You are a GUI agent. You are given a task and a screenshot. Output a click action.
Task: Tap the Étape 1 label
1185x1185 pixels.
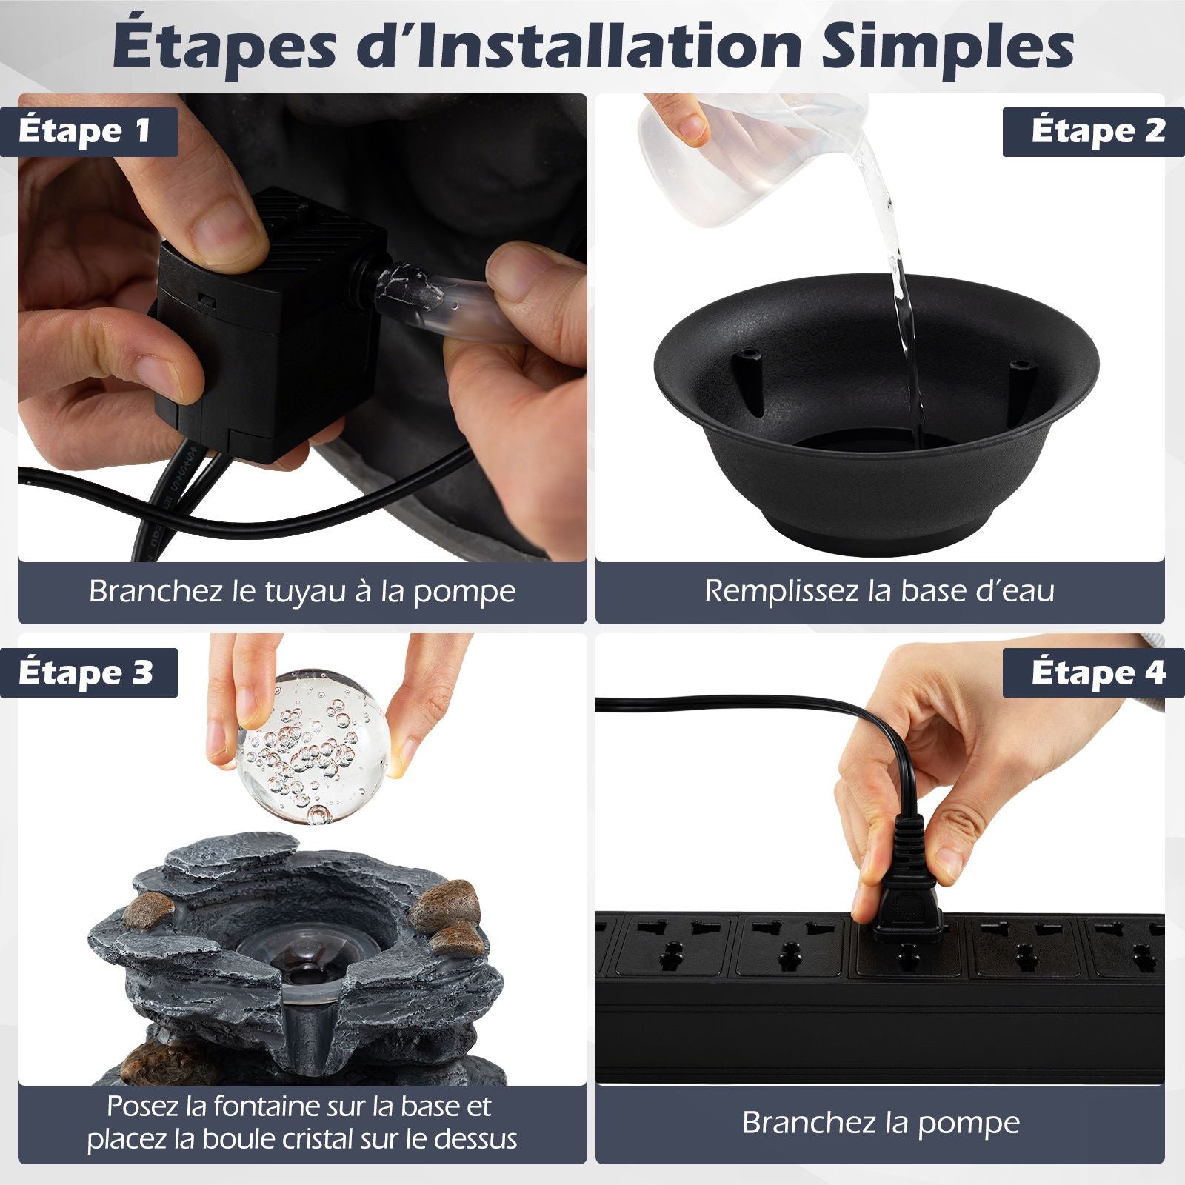(85, 131)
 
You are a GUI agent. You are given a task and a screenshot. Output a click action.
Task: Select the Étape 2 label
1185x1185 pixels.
(1098, 131)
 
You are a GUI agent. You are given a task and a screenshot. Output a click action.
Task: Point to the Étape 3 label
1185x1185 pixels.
(86, 672)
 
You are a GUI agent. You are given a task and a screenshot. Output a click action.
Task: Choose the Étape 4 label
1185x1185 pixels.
(1098, 672)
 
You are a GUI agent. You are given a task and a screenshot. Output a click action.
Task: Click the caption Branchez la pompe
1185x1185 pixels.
(881, 1123)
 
